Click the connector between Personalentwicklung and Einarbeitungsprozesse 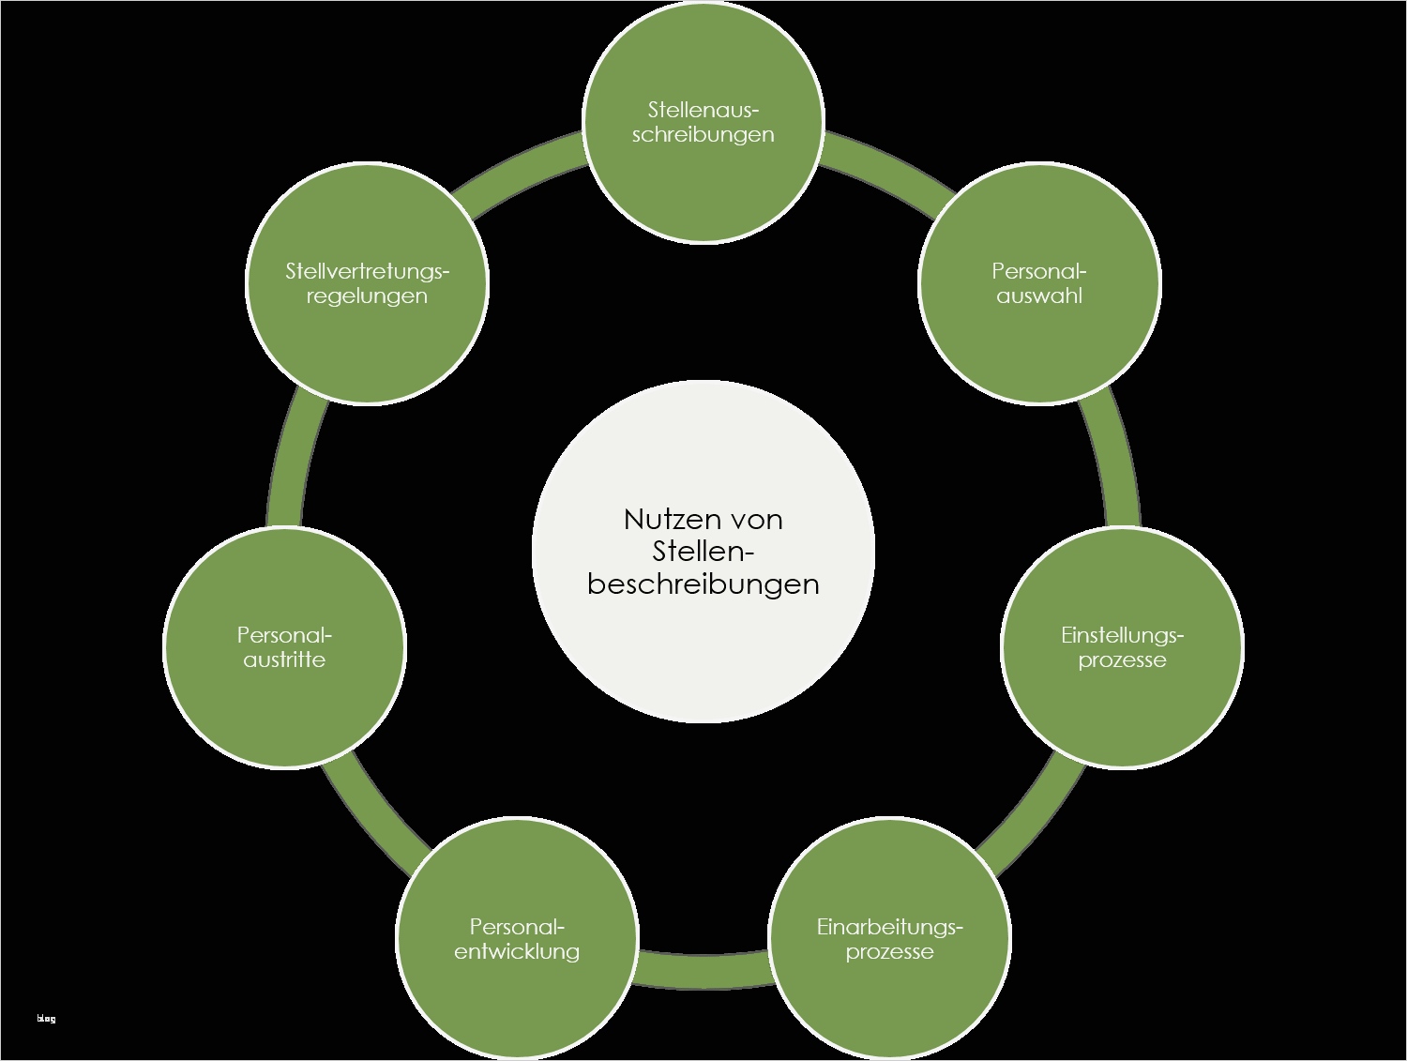click(x=703, y=971)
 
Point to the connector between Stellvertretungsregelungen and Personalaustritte click(x=292, y=460)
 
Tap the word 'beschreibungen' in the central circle click(x=703, y=584)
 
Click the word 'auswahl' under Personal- click(x=1039, y=296)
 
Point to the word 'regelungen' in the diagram click(x=367, y=296)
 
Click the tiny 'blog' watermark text click(x=46, y=1019)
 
